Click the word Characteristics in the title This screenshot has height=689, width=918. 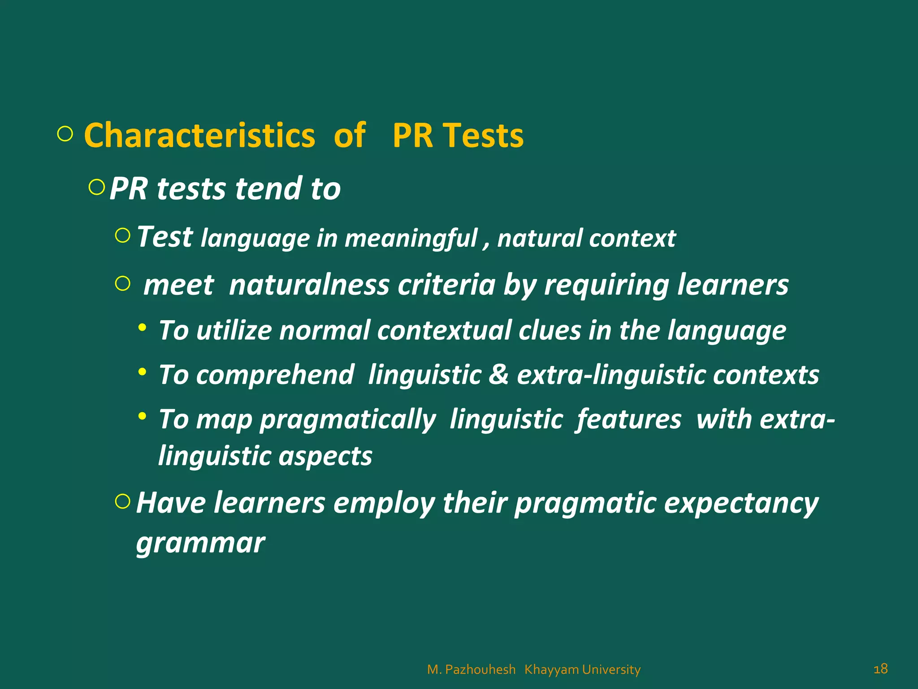[199, 135]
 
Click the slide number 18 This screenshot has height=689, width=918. [880, 668]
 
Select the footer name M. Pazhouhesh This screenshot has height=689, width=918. [471, 670]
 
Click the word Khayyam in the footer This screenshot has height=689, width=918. [551, 670]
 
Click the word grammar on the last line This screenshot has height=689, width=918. [200, 544]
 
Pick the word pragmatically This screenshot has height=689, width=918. [348, 420]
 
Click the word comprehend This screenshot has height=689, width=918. [275, 375]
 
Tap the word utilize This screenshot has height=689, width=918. [234, 331]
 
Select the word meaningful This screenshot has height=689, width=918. [411, 238]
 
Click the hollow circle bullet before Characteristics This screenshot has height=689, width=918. [65, 134]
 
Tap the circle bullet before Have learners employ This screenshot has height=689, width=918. [122, 501]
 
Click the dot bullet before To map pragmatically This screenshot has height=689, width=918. [142, 417]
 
